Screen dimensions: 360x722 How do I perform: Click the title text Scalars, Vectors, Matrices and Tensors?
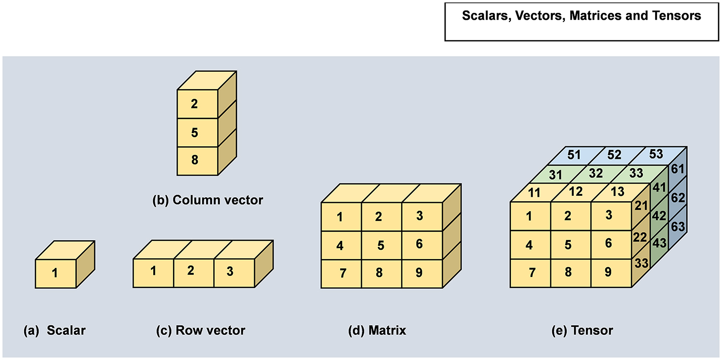[x=582, y=16]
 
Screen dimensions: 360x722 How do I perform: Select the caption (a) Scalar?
[x=54, y=330]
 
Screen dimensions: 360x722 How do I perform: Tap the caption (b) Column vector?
[x=207, y=201]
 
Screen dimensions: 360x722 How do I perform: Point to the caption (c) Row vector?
[x=200, y=330]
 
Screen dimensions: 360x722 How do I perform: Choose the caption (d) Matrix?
[x=377, y=330]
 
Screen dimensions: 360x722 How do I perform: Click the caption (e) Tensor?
[x=582, y=330]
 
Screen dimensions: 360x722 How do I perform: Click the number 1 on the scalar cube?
[x=55, y=272]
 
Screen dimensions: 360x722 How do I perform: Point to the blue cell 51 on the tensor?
[x=574, y=155]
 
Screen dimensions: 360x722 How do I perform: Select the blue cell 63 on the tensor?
[x=677, y=228]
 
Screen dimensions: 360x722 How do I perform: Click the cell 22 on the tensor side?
[x=640, y=237]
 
